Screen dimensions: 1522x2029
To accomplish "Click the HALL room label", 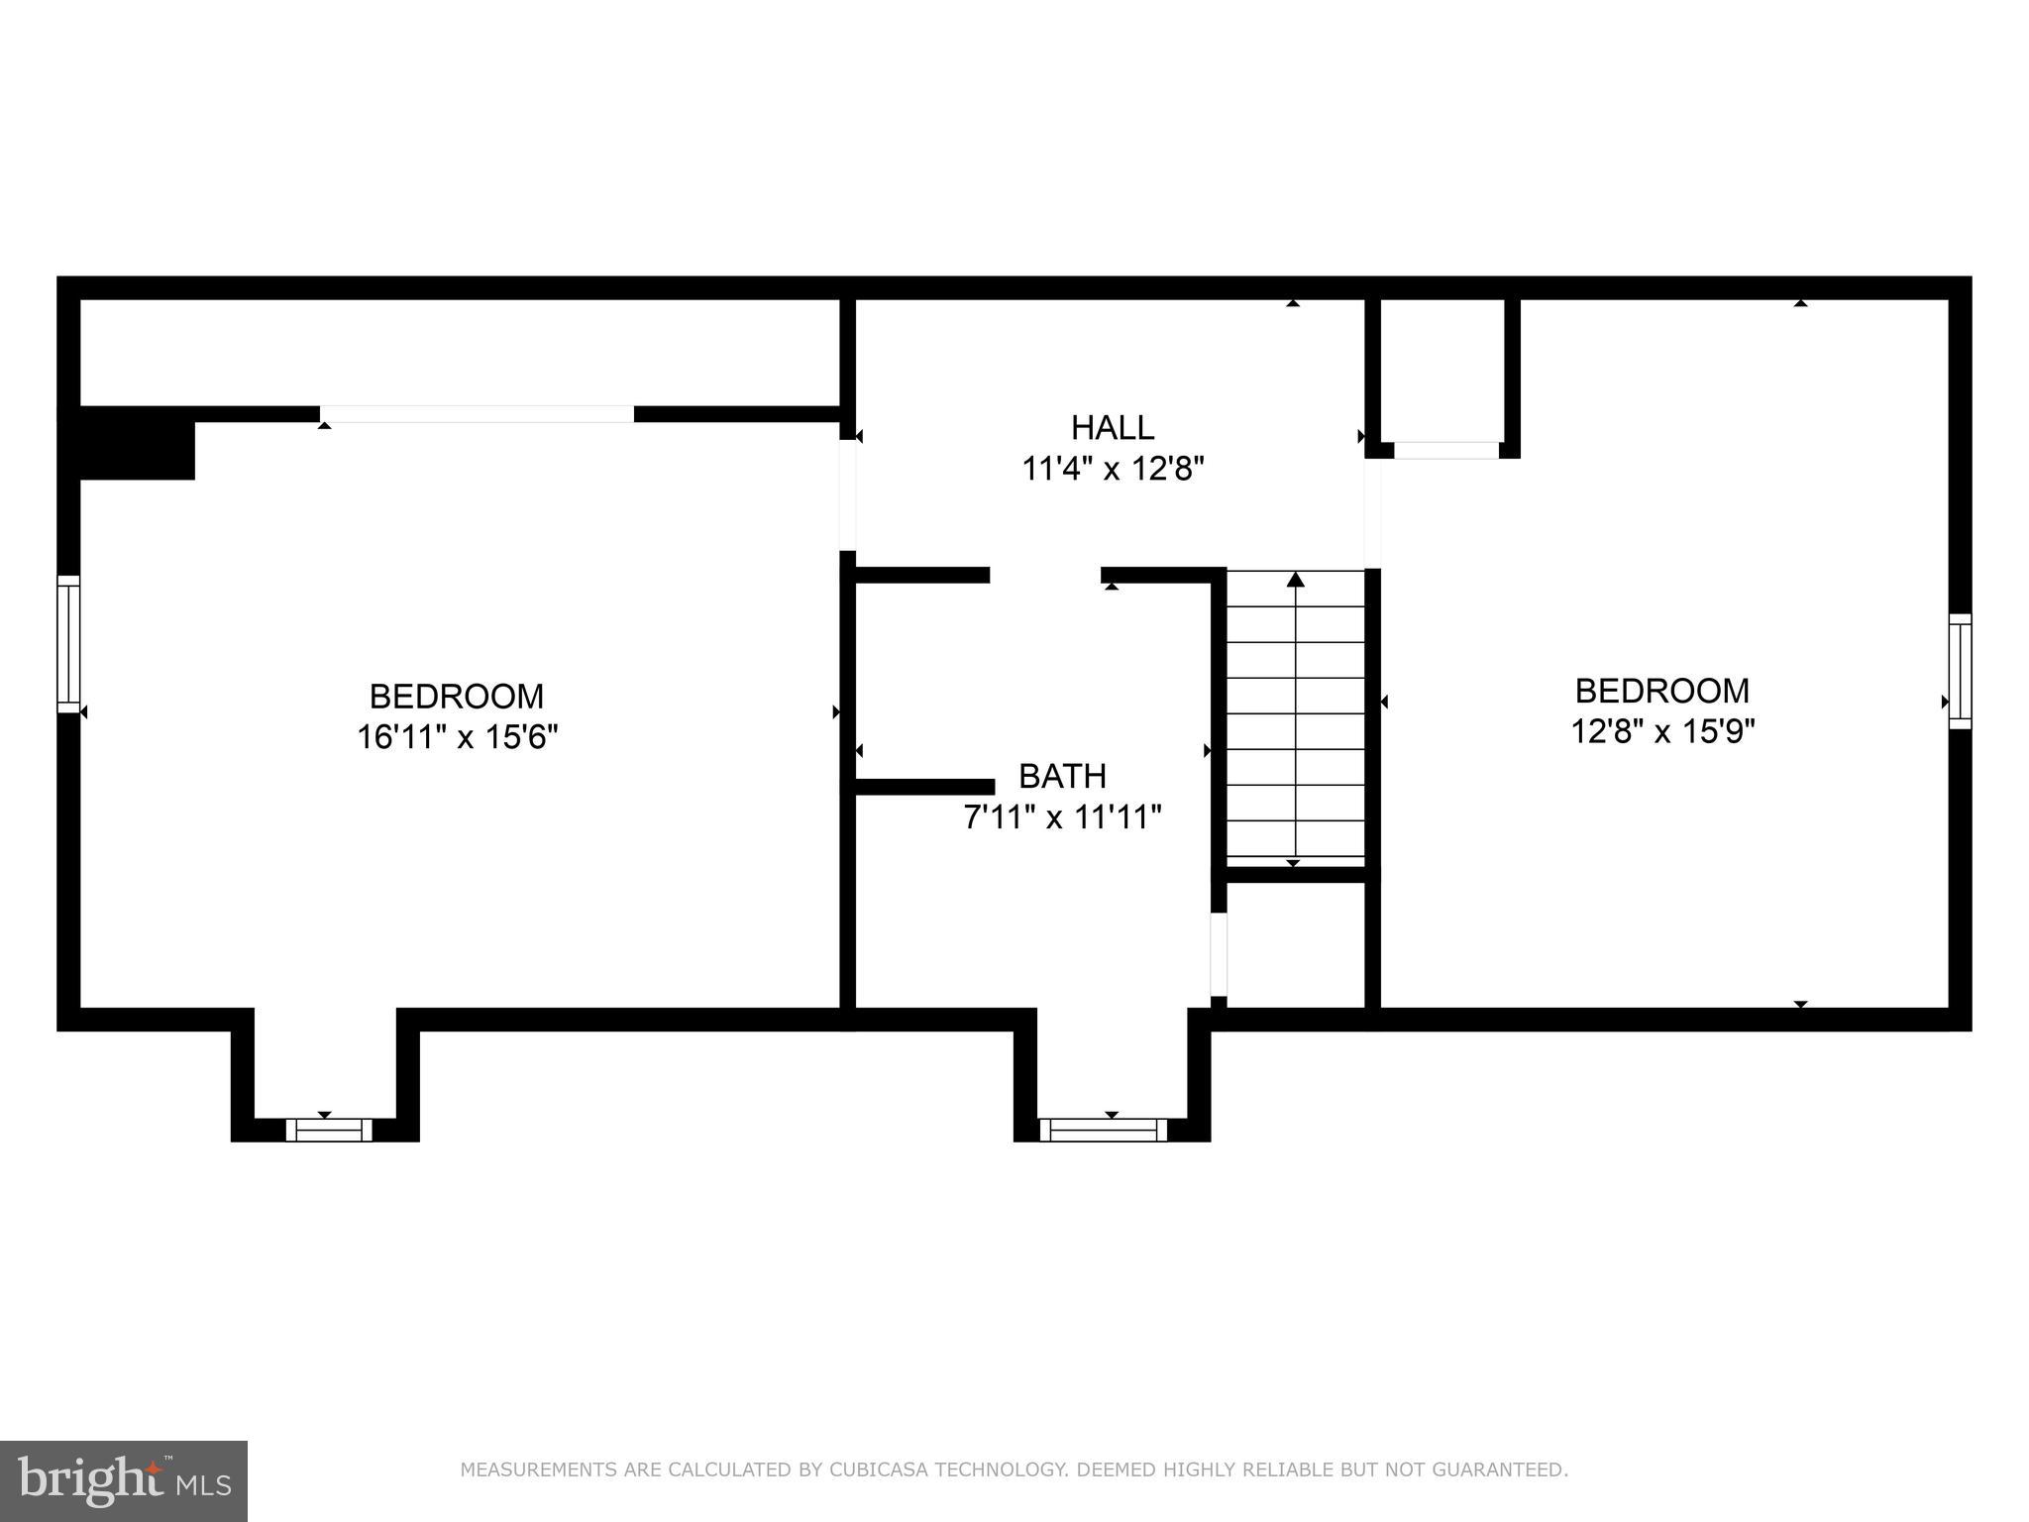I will pos(1112,428).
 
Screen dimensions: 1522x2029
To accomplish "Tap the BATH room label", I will pos(1062,776).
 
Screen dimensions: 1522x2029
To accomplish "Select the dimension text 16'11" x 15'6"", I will pos(457,738).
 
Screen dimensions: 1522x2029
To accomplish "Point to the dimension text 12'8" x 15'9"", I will pos(1662,732).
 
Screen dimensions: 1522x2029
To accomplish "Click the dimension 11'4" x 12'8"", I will pos(1112,469).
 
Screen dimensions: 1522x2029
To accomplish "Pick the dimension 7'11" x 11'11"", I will pos(1062,817).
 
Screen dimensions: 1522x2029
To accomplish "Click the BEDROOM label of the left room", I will pos(457,697).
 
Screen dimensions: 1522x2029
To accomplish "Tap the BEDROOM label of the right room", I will pos(1662,691).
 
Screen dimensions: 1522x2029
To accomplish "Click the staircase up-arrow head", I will pos(1295,580).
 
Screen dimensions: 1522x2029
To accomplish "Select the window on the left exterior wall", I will pos(67,643).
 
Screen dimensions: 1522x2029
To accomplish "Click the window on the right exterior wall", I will pos(1960,672).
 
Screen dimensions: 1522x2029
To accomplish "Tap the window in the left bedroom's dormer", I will pos(329,1131).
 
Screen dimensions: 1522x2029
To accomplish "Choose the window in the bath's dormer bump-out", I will pos(1103,1131).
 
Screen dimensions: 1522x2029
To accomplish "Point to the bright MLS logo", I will pos(123,1481).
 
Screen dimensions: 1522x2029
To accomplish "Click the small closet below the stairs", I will pos(1295,943).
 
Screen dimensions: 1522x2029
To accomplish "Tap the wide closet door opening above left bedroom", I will pos(477,414).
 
